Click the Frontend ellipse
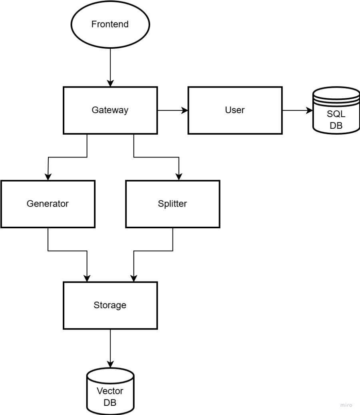(110, 36)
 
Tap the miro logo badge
(346, 405)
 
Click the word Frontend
(110, 24)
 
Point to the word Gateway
(110, 110)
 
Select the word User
(235, 110)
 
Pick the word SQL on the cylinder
(336, 114)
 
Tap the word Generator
(48, 204)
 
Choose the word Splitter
(172, 204)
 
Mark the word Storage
(110, 305)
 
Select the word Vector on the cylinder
(110, 391)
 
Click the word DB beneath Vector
(110, 403)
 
